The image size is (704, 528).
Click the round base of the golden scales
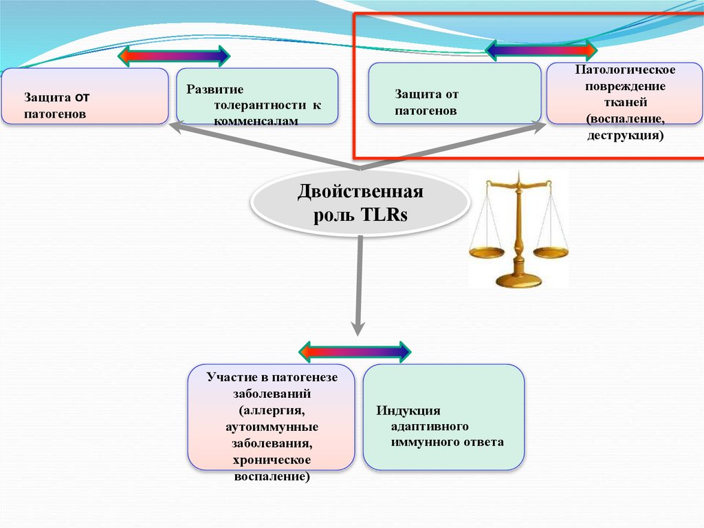point(519,279)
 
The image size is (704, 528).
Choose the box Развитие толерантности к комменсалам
point(257,96)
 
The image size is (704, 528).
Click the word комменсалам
point(256,120)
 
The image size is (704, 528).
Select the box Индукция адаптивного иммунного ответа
point(443,417)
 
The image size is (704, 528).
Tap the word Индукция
point(408,411)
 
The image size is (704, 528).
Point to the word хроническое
point(271,459)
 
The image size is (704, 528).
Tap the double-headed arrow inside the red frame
point(541,50)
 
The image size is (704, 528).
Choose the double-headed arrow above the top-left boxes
point(175,56)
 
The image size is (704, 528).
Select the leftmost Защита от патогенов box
point(85,96)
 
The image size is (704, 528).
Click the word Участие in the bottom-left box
point(226,378)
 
